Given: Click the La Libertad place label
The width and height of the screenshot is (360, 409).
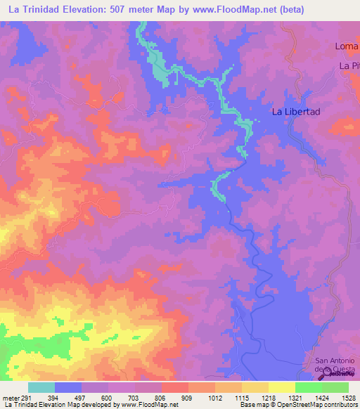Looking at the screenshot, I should [x=296, y=112].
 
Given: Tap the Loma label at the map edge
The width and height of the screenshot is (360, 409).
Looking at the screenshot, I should [x=347, y=47].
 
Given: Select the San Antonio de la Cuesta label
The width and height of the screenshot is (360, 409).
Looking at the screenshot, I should [x=336, y=366].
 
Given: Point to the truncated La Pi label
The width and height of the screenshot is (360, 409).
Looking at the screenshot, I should [x=349, y=66].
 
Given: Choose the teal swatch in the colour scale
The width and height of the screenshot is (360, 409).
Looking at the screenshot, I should [x=41, y=387].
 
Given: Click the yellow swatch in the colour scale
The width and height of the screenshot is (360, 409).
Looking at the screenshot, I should [x=281, y=387].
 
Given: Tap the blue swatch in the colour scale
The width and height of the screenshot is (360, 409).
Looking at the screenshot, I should [x=68, y=387].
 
